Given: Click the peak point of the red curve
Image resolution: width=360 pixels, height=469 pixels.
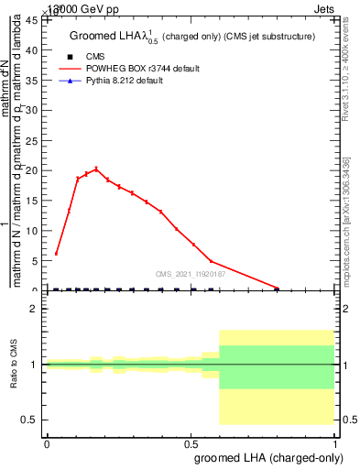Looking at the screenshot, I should click(96, 169).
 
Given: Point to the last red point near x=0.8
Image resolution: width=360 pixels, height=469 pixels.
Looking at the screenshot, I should click(278, 288).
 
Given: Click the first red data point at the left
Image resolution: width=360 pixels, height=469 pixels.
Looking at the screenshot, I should click(56, 254).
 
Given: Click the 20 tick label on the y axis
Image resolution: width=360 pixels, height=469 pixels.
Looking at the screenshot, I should click(34, 170).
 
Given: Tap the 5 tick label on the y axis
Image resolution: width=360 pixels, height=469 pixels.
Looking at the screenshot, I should click(37, 261).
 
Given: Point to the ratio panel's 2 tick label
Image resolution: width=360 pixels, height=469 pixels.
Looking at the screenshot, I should click(37, 310).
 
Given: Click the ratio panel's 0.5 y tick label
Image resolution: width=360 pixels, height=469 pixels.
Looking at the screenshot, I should click(31, 420).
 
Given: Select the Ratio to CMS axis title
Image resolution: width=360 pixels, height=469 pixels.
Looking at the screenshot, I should click(14, 365).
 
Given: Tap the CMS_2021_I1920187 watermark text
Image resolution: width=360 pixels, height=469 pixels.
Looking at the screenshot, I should click(190, 274).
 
